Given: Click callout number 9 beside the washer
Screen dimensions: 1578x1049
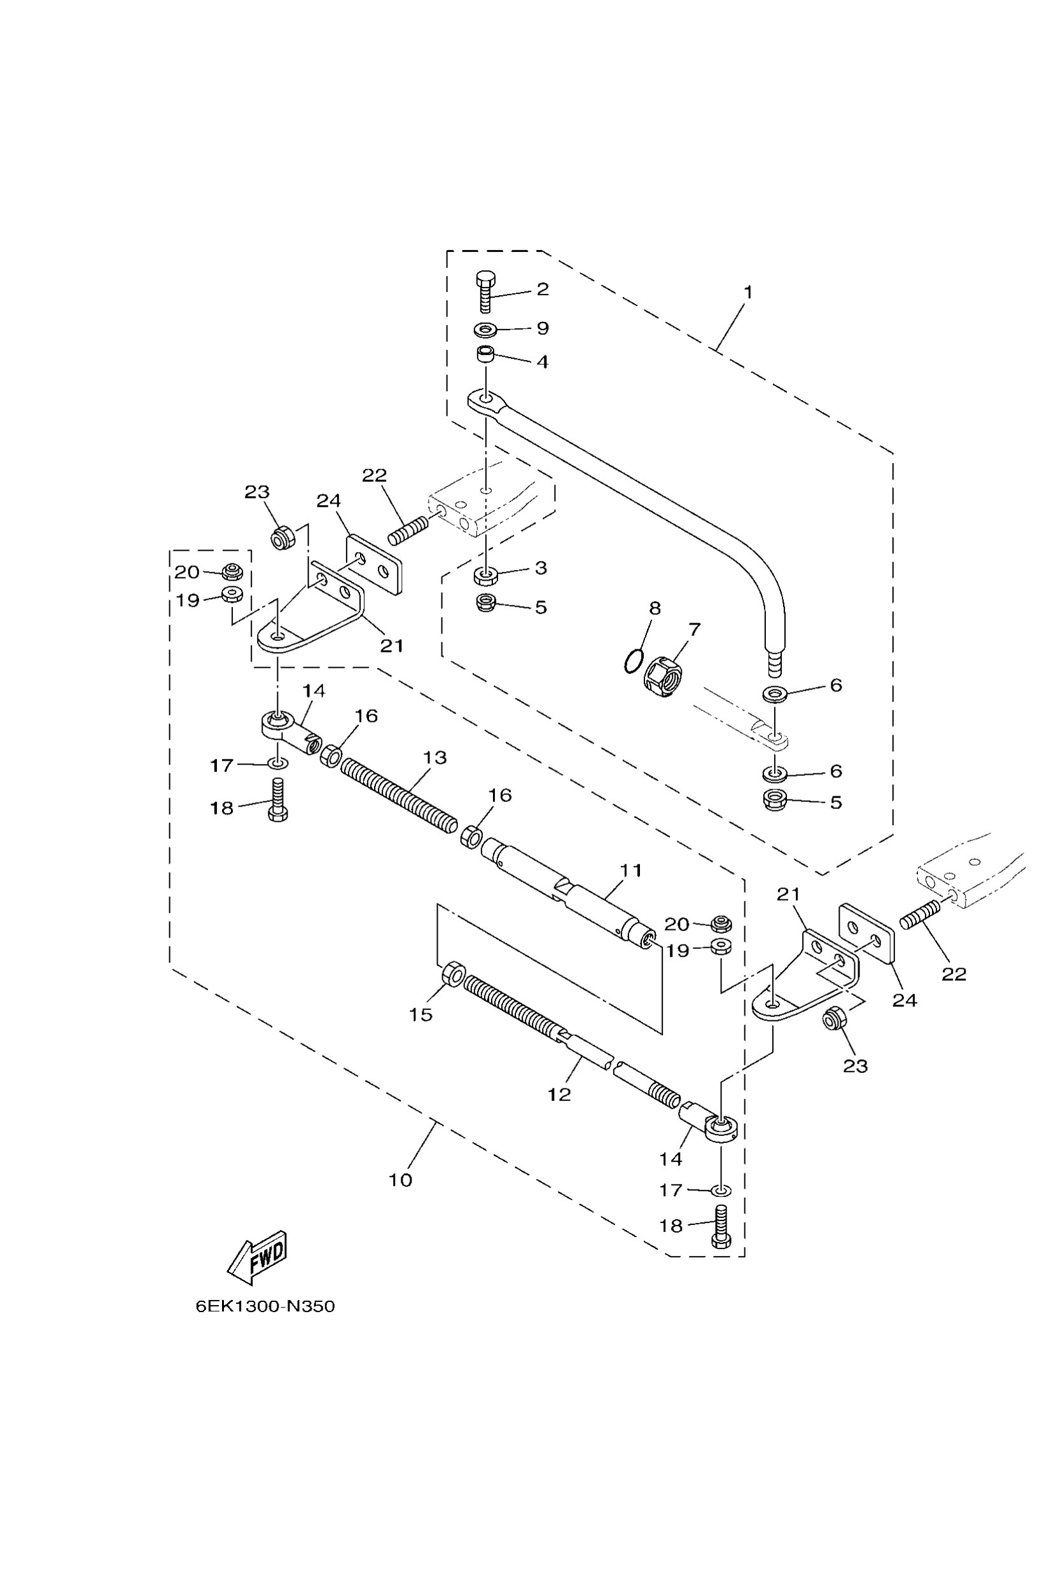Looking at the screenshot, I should [542, 328].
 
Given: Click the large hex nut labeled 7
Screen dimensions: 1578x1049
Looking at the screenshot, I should [663, 675].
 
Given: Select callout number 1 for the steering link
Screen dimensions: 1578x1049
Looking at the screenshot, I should [748, 293].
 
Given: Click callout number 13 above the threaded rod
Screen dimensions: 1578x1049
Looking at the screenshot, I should [435, 758].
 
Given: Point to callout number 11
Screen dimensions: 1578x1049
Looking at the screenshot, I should [630, 870].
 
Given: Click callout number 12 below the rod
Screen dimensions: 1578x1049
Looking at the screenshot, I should [559, 1095].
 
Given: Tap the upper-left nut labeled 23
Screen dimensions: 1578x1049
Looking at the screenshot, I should [282, 537].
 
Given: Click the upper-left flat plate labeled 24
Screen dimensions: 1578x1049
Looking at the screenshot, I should [374, 565].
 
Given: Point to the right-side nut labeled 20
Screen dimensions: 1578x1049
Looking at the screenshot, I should [720, 924].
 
